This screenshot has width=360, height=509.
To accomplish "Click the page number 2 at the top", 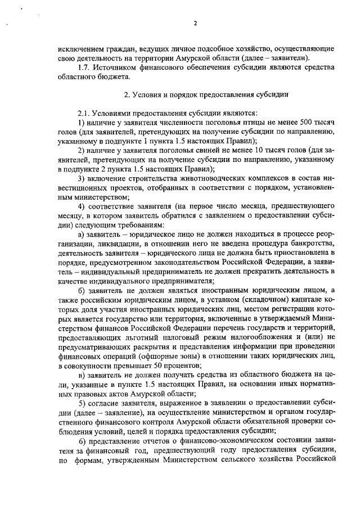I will [x=195, y=23].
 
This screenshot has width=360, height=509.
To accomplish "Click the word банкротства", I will [x=315, y=242].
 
